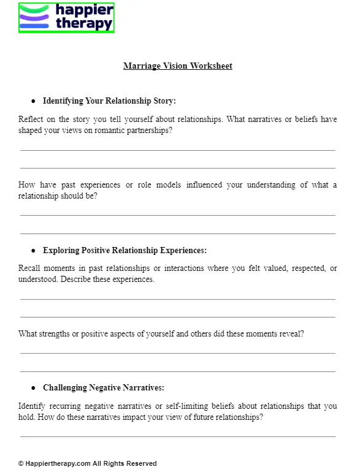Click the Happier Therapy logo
click(x=66, y=17)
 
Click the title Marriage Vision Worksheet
click(x=178, y=66)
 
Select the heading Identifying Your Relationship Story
click(x=109, y=101)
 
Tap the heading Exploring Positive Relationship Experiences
click(x=124, y=251)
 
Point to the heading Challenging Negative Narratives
click(x=103, y=388)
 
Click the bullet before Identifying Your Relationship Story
click(x=33, y=101)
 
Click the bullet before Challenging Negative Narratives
click(x=33, y=388)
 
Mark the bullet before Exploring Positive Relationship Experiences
click(x=33, y=251)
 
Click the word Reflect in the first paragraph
click(x=31, y=120)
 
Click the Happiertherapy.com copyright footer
click(x=87, y=464)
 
